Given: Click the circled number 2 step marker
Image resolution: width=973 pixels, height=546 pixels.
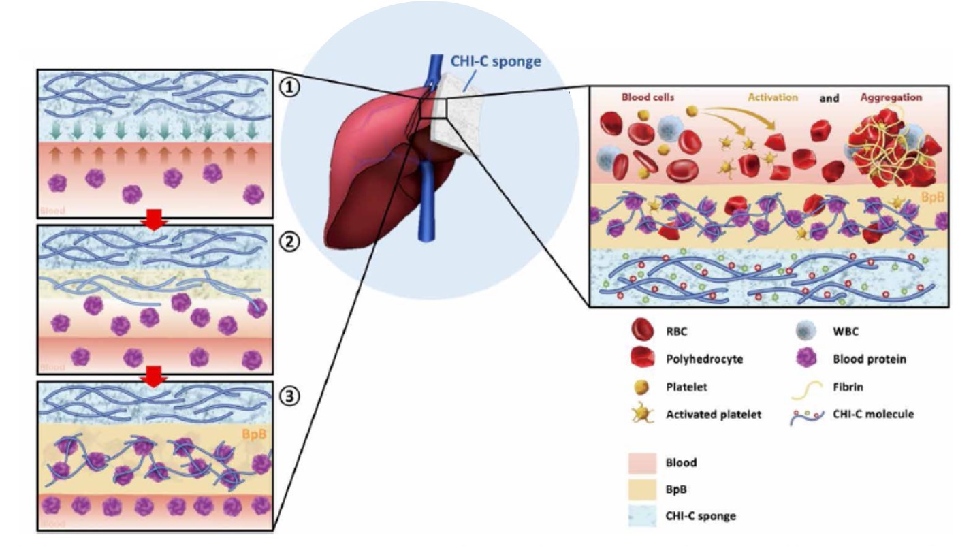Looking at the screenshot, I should (x=291, y=244).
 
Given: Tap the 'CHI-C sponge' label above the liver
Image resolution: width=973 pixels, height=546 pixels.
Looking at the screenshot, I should (x=496, y=61).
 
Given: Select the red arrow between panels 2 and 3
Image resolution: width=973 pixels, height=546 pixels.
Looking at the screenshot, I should (x=155, y=376).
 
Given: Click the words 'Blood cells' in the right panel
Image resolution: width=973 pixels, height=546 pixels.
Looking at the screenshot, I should (x=648, y=97).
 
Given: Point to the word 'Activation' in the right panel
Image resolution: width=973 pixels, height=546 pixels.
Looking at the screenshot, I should (x=773, y=97).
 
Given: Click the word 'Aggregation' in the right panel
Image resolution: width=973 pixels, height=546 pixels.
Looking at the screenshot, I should (x=891, y=97).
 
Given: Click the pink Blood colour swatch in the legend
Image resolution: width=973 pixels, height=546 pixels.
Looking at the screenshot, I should (x=641, y=463).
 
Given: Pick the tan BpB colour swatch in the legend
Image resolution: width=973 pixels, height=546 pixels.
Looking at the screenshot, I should (x=641, y=489).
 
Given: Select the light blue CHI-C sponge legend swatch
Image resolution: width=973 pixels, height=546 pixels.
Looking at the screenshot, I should (x=641, y=515).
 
